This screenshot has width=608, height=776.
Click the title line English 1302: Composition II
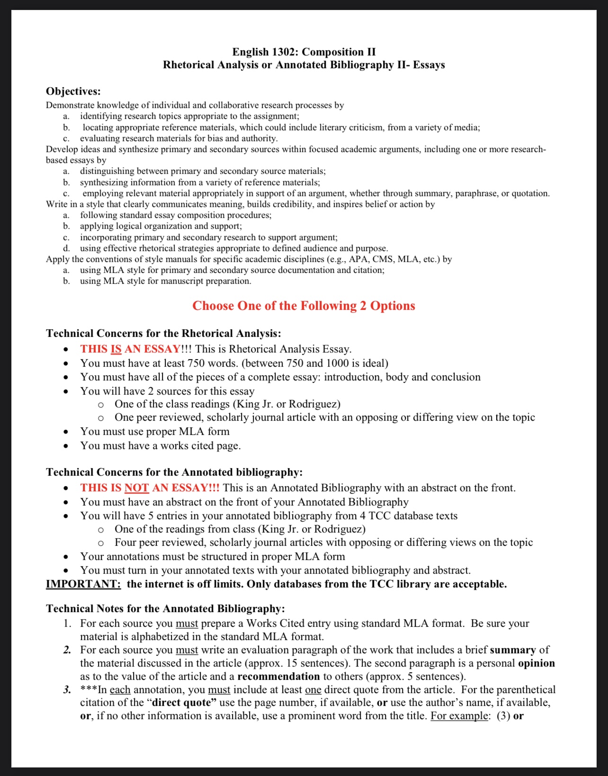[x=304, y=52]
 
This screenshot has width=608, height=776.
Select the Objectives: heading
[x=73, y=91]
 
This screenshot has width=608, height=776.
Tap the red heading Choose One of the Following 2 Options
[x=304, y=306]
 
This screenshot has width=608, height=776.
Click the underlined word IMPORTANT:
[x=83, y=584]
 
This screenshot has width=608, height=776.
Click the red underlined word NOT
[x=136, y=488]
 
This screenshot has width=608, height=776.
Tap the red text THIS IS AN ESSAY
[x=130, y=349]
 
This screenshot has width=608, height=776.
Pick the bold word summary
[x=513, y=650]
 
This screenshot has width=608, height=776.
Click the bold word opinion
[x=536, y=663]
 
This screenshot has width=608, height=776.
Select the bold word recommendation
[x=278, y=677]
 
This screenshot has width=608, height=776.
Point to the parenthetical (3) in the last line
[x=503, y=716]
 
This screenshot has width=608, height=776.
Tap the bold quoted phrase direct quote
[x=181, y=703]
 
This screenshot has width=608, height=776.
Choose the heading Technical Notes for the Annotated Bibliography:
[x=165, y=608]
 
